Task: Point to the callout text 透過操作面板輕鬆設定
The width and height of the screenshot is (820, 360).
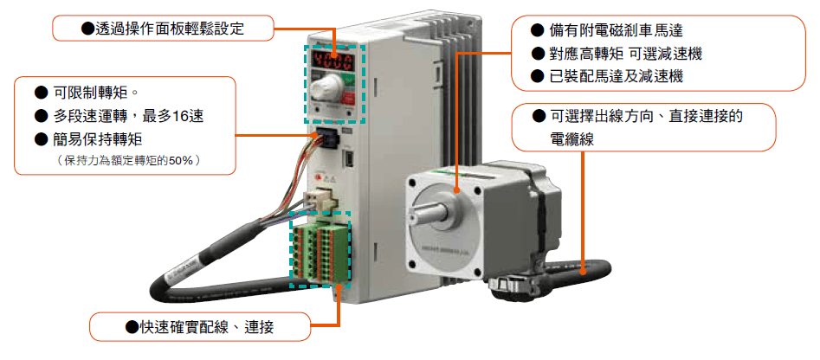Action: click(163, 28)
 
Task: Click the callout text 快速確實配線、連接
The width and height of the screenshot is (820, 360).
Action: click(200, 327)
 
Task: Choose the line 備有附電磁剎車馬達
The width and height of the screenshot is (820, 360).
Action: click(607, 30)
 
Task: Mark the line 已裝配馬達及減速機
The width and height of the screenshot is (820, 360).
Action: click(607, 77)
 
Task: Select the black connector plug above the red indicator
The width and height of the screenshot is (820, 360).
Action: click(325, 135)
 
